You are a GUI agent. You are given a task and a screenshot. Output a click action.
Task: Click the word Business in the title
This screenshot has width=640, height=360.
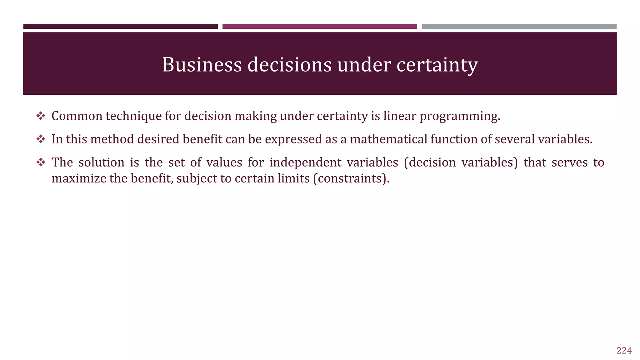[202, 65]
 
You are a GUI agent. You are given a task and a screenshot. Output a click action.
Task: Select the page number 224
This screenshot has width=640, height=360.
[624, 351]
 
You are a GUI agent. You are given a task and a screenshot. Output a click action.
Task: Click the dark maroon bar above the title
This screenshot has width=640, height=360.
[120, 27]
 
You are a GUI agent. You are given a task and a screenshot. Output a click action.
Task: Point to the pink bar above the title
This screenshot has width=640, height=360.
[319, 27]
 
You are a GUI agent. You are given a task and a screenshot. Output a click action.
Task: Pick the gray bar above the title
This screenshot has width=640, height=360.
[519, 27]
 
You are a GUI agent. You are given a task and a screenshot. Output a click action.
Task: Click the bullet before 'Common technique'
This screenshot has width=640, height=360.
[41, 116]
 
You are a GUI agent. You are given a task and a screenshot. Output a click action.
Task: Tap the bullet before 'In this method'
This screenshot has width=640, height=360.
[41, 139]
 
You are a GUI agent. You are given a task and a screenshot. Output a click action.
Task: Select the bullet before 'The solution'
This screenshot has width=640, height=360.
[41, 162]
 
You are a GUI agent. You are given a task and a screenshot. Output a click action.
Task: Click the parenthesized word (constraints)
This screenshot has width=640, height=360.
[351, 178]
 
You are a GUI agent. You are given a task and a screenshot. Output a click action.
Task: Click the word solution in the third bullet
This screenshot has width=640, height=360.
[101, 162]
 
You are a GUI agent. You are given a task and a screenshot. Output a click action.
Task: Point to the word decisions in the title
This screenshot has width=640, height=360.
[289, 65]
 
